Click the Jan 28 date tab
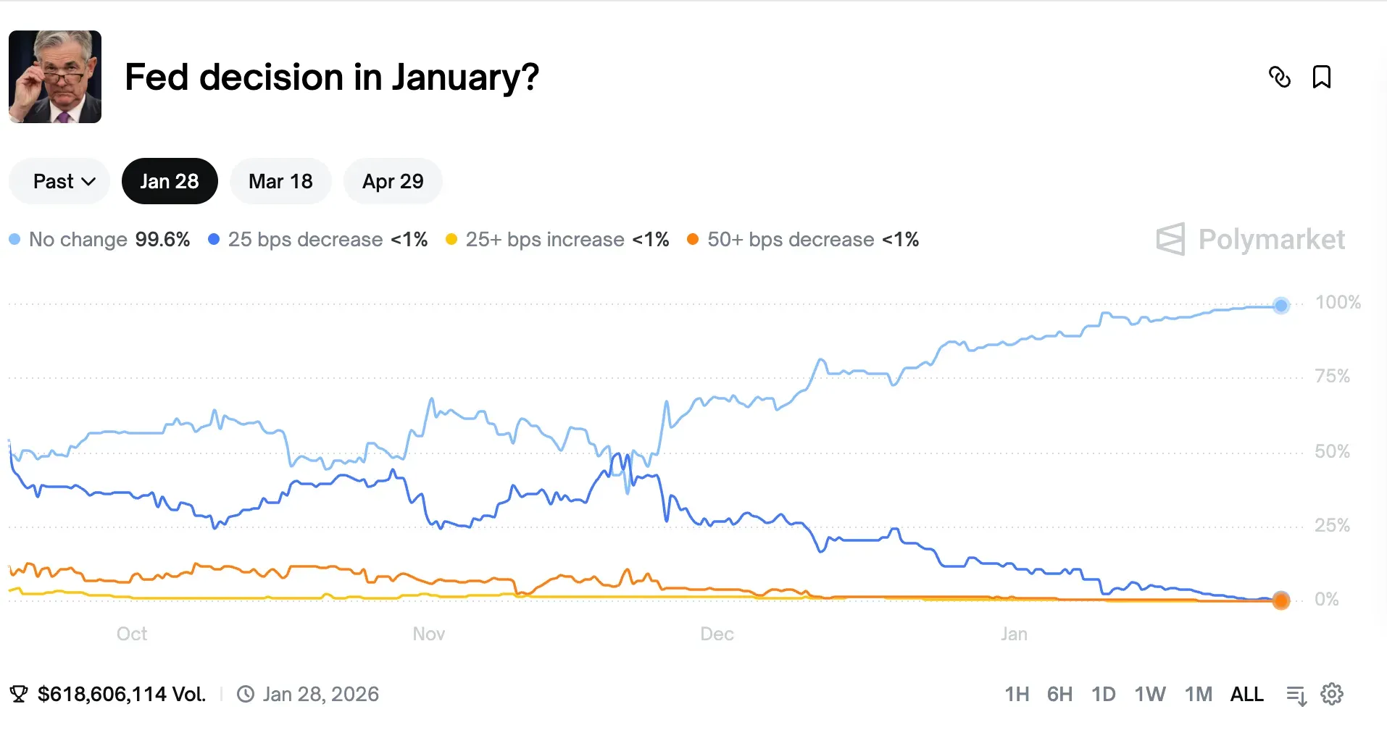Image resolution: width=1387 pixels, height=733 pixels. tap(170, 181)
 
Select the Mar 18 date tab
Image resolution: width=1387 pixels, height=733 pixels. tap(280, 181)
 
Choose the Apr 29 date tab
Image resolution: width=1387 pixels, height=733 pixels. tap(393, 181)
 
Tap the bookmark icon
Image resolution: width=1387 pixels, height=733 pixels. tap(1322, 77)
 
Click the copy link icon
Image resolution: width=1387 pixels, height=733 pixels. tap(1280, 77)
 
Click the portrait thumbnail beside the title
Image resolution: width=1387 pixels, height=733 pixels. tap(55, 77)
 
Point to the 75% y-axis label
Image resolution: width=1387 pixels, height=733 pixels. tap(1332, 376)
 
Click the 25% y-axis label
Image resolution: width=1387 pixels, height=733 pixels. tap(1332, 525)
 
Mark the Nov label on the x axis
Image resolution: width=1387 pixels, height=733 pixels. tap(428, 634)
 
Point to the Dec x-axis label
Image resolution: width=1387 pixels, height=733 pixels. tap(717, 634)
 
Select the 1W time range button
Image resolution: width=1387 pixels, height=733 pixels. tap(1149, 694)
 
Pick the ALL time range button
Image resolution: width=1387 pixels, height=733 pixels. tap(1246, 694)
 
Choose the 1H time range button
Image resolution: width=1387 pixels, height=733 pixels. tap(1017, 694)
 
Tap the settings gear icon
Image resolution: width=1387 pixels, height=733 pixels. tap(1332, 694)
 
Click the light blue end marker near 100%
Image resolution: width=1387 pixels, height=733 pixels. tap(1281, 306)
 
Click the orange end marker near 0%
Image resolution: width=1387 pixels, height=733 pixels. tap(1281, 600)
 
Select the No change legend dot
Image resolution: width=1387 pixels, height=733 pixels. tap(14, 239)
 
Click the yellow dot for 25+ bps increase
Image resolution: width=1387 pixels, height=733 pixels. tap(451, 239)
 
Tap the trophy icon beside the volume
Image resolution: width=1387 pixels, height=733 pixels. tap(19, 694)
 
